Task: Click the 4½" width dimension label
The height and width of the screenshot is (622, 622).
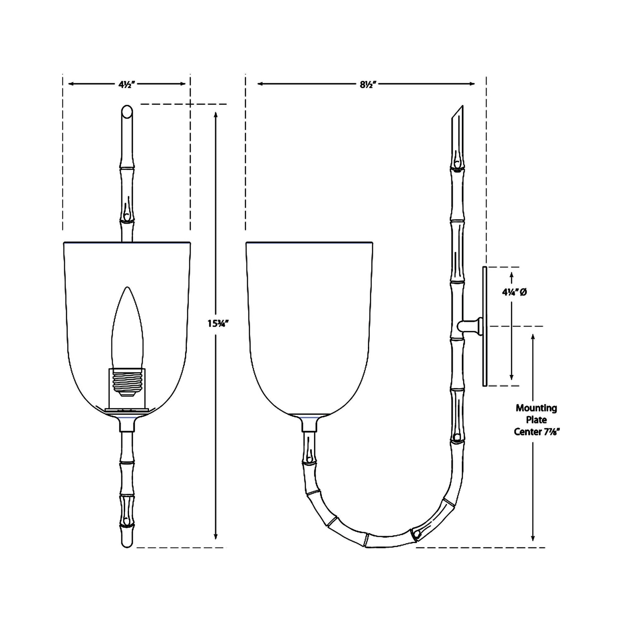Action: (x=126, y=85)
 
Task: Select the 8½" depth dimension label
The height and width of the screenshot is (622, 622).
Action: (x=368, y=85)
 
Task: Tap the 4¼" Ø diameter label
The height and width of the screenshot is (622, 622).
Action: (x=514, y=292)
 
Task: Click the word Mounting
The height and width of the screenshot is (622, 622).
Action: (x=536, y=408)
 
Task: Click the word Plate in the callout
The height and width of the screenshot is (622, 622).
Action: (x=536, y=420)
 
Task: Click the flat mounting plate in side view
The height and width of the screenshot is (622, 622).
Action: (x=485, y=326)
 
